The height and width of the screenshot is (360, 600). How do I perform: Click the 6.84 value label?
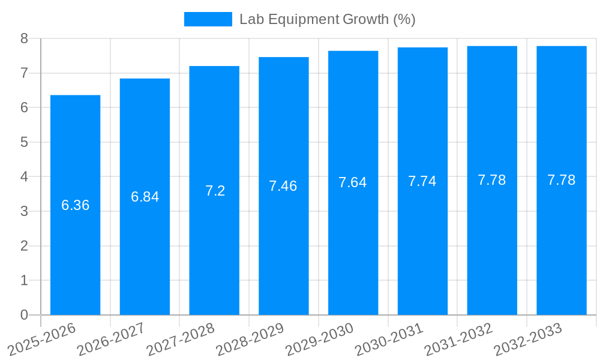pos(145,197)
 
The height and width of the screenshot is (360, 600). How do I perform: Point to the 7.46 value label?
pos(283,186)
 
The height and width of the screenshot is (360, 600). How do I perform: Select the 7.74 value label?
pos(422,182)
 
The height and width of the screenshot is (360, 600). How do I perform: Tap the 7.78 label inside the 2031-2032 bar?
pos(492,180)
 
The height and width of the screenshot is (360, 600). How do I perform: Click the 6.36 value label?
pos(75,205)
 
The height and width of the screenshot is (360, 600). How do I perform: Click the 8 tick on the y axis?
pos(24,39)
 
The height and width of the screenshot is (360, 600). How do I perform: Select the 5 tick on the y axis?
pos(24,142)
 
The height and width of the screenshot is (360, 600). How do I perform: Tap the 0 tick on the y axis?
pos(24,315)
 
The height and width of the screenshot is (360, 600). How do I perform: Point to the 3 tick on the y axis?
pos(24,211)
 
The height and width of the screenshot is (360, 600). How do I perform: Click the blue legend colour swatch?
pos(208,19)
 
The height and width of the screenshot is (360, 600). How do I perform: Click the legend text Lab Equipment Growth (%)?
pos(327,19)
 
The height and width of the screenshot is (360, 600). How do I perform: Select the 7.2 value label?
pos(215,191)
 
